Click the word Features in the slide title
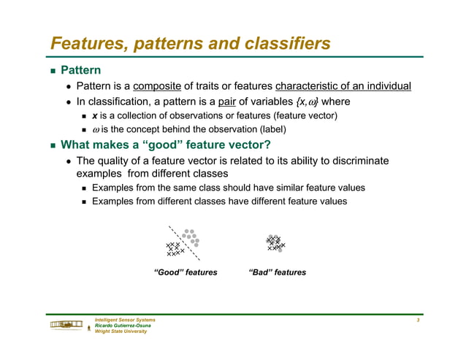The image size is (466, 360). (86, 44)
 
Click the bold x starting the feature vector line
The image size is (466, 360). (94, 116)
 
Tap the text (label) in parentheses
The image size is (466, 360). (270, 130)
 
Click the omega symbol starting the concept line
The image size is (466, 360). (95, 130)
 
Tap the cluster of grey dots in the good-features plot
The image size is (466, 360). (191, 237)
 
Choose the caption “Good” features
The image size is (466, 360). (186, 272)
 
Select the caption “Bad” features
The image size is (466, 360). (278, 272)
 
